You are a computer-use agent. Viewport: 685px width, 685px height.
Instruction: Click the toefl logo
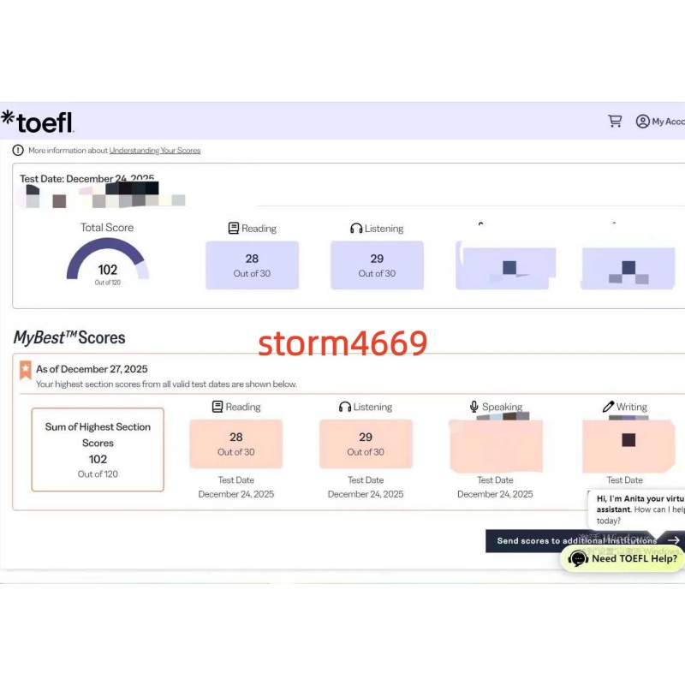(38, 122)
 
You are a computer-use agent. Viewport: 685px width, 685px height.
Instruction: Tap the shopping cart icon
(615, 121)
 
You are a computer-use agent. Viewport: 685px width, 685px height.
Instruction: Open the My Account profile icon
(642, 122)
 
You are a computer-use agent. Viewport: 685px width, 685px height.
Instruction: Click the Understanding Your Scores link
(154, 151)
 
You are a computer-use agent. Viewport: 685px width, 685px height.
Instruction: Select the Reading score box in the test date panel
(252, 265)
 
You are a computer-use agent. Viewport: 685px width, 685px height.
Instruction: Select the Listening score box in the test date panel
(377, 265)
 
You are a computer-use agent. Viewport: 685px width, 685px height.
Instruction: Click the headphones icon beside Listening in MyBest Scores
(345, 408)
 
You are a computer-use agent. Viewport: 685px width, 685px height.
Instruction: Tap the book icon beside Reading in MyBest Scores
(217, 408)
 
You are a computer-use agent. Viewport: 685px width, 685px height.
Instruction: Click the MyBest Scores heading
(68, 337)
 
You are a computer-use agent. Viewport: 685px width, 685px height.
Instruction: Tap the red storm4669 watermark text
(342, 342)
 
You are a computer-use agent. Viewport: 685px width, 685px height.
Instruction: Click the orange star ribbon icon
(26, 370)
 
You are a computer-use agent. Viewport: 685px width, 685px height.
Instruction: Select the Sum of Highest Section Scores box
(98, 450)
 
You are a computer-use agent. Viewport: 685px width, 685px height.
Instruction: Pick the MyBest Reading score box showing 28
(235, 444)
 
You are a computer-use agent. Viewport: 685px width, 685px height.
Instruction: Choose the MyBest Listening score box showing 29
(366, 444)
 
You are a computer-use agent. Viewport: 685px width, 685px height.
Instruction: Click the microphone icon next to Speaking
(474, 407)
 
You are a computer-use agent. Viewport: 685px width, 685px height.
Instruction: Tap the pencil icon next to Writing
(608, 407)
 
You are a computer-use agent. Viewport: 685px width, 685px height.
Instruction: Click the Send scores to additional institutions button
(578, 541)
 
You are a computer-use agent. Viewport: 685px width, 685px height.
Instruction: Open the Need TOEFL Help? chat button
(622, 558)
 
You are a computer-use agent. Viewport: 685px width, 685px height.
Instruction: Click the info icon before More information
(18, 151)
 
